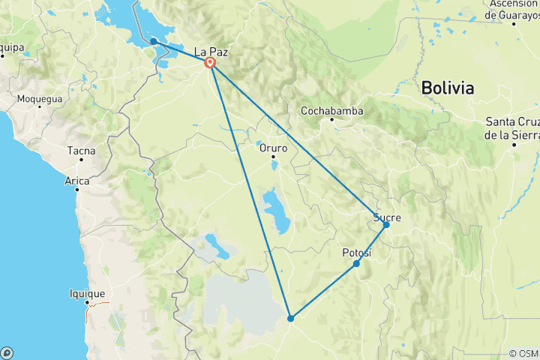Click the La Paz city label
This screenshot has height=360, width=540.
[211, 52]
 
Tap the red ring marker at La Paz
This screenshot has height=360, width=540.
[211, 64]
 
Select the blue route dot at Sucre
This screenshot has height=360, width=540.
[386, 224]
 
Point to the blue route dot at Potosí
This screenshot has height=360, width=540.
[356, 263]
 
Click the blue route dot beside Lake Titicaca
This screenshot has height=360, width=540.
[153, 41]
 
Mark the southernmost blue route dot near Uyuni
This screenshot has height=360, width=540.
[290, 318]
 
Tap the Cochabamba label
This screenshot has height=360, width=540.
[331, 111]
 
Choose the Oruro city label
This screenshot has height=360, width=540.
[273, 148]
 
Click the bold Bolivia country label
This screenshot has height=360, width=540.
[448, 88]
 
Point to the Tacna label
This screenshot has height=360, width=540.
[81, 151]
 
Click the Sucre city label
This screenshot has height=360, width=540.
[387, 217]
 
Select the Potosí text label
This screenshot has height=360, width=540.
[357, 253]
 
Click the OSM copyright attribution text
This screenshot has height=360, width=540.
[523, 353]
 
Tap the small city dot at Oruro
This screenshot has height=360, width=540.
[273, 156]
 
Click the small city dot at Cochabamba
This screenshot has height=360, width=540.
[331, 119]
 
